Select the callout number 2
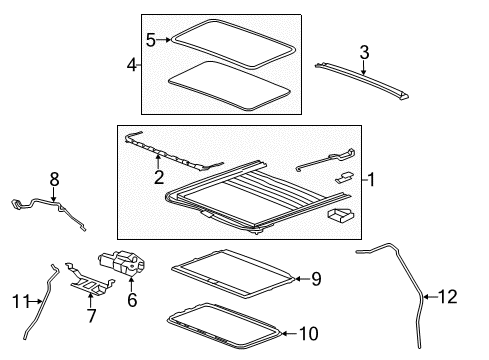coord(157,178)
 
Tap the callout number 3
coord(365,51)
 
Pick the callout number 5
coord(151,41)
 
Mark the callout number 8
coord(55,179)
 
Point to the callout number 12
coord(458,295)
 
